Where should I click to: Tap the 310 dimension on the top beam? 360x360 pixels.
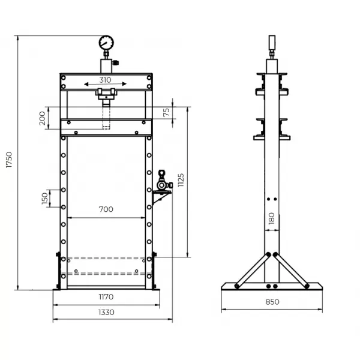click(106, 80)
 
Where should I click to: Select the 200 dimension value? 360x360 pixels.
click(42, 119)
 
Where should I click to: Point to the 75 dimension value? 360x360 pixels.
click(166, 111)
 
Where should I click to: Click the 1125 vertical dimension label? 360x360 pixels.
click(181, 181)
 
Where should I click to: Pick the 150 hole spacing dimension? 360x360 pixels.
click(45, 199)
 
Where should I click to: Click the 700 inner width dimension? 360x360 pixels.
click(106, 209)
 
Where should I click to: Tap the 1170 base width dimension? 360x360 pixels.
click(106, 296)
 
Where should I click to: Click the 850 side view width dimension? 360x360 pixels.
click(272, 302)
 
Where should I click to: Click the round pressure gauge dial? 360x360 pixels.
click(106, 43)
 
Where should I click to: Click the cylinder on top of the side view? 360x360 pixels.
click(271, 44)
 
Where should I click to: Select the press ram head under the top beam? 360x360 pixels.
click(106, 93)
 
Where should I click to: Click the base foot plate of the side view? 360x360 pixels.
click(272, 287)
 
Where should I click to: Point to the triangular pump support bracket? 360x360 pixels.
click(160, 197)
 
